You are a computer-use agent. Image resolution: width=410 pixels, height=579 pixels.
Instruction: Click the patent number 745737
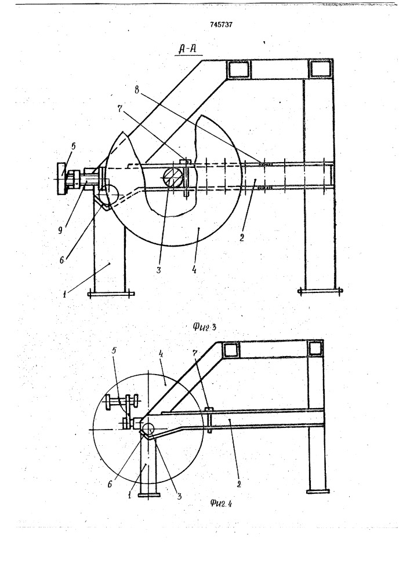pyautogui.click(x=221, y=25)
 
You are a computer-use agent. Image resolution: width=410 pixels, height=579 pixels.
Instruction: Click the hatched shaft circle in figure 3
pyautogui.click(x=173, y=177)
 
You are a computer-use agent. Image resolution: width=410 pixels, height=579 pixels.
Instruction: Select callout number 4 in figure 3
pyautogui.click(x=194, y=270)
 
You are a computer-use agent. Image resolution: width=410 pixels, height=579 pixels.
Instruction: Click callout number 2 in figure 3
pyautogui.click(x=242, y=237)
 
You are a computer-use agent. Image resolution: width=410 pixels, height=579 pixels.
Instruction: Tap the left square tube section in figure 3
pyautogui.click(x=239, y=69)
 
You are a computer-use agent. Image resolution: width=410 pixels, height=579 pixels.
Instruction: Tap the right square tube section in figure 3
pyautogui.click(x=320, y=69)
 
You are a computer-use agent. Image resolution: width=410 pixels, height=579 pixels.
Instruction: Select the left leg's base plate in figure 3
pyautogui.click(x=111, y=294)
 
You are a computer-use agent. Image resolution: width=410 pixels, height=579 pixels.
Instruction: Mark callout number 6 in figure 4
pyautogui.click(x=110, y=484)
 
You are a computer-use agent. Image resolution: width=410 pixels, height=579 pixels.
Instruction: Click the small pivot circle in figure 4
pyautogui.click(x=149, y=428)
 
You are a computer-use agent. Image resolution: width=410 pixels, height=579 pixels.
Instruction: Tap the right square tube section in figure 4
pyautogui.click(x=316, y=349)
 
